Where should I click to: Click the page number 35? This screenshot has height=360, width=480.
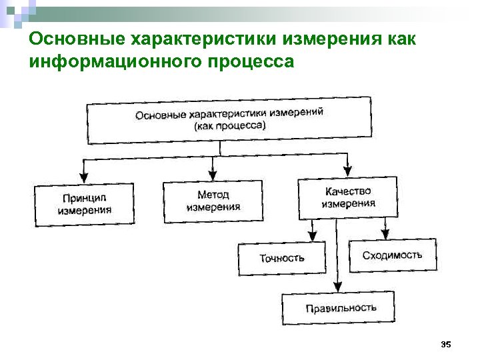pyautogui.click(x=446, y=344)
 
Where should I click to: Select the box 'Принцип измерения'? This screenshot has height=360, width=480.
pyautogui.click(x=85, y=205)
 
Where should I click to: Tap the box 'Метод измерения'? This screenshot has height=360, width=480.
pyautogui.click(x=213, y=201)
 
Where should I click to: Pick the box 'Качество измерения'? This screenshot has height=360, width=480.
pyautogui.click(x=347, y=197)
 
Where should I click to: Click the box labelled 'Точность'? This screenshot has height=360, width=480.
pyautogui.click(x=282, y=258)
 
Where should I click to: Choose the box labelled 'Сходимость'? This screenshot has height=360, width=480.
pyautogui.click(x=392, y=255)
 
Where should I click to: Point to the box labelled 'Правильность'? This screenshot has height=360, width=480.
pyautogui.click(x=340, y=308)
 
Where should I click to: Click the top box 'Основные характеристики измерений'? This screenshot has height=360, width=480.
pyautogui.click(x=229, y=119)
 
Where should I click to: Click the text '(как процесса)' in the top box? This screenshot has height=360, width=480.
pyautogui.click(x=229, y=126)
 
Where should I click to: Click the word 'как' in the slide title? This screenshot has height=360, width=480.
pyautogui.click(x=401, y=39)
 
